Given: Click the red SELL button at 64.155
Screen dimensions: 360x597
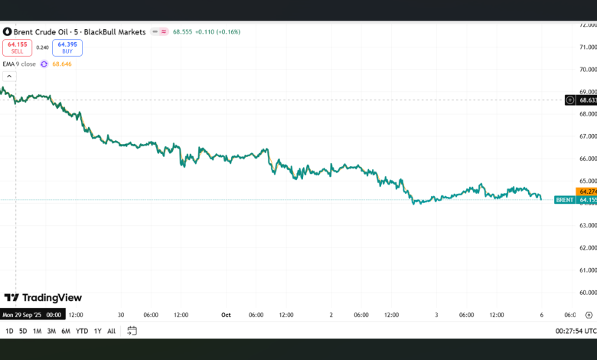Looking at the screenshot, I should click(17, 47).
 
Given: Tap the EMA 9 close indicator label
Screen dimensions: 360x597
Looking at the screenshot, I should click(19, 64).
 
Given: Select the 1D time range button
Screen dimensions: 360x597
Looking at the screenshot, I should click(9, 331).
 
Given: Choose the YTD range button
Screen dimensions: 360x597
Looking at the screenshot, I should click(82, 331).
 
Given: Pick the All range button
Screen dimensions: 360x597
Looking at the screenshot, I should click(111, 331).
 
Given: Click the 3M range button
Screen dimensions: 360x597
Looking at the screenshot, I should click(51, 331).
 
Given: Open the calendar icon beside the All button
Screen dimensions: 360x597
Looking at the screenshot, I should click(132, 331).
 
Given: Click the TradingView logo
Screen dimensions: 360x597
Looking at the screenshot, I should click(43, 298).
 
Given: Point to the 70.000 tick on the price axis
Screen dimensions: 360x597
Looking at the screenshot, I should click(587, 69).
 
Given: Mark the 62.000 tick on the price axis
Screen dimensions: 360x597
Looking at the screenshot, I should click(587, 247).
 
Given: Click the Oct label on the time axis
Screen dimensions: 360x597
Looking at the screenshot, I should click(226, 315).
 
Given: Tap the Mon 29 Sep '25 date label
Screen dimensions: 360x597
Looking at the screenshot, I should click(31, 315).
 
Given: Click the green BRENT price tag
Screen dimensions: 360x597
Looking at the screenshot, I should click(565, 200).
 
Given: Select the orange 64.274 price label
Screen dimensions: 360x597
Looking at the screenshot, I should click(587, 191).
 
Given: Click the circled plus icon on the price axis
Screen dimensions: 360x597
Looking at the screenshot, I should click(570, 100).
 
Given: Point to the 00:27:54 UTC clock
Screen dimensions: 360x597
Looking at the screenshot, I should click(574, 331).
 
